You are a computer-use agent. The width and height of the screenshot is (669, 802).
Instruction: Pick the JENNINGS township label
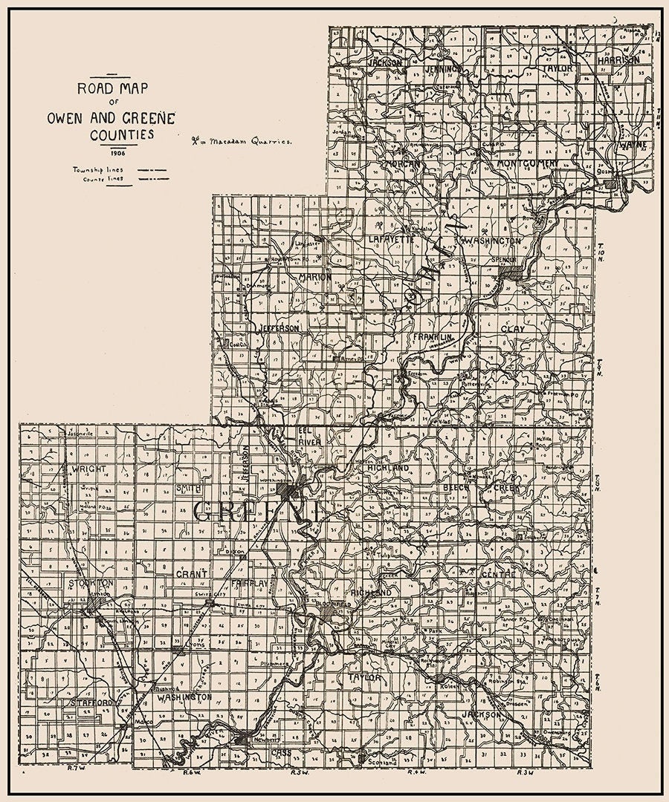pos(444,68)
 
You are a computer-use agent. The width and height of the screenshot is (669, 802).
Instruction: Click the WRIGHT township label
pos(91,469)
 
